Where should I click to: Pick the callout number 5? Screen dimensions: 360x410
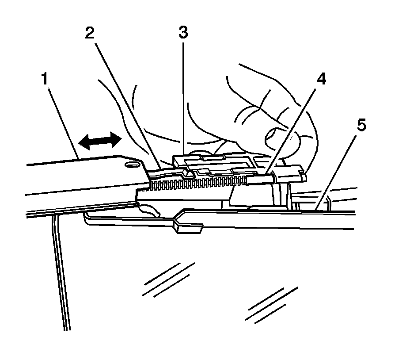point(361,126)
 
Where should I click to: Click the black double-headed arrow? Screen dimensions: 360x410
point(99,141)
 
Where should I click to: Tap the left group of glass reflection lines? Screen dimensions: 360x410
point(168,280)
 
